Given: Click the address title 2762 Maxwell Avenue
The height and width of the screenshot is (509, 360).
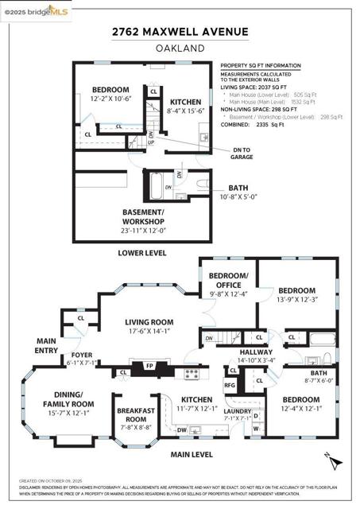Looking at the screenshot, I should (180, 32).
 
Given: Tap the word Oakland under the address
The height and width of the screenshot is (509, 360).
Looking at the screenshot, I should (180, 48).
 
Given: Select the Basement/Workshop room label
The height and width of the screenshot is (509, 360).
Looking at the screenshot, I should (143, 217).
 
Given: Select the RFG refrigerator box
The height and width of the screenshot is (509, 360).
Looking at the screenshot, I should (230, 385).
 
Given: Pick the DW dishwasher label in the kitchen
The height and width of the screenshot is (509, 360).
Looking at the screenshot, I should (183, 429).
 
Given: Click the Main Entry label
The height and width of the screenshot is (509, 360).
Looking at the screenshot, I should (46, 344).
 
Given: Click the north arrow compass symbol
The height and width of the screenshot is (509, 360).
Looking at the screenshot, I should (334, 459).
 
